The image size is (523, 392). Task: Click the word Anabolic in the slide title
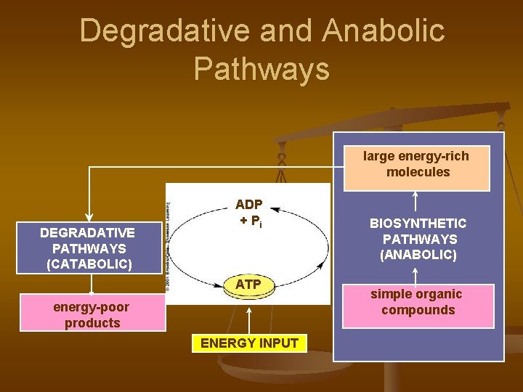[384, 31]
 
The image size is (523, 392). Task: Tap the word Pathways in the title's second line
[261, 69]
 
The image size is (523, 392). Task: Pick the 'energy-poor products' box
[92, 314]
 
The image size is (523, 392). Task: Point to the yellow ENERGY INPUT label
[249, 343]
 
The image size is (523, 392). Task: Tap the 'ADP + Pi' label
[248, 213]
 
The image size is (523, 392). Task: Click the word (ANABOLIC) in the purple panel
[418, 255]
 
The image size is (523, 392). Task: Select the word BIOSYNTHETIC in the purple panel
[418, 224]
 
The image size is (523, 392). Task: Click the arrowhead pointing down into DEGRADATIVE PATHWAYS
[89, 216]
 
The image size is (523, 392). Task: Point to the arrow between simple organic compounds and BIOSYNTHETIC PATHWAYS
[415, 274]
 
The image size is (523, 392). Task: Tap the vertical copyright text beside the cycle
[169, 247]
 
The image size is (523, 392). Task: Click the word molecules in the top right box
[418, 173]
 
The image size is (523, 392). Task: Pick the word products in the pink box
[92, 323]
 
